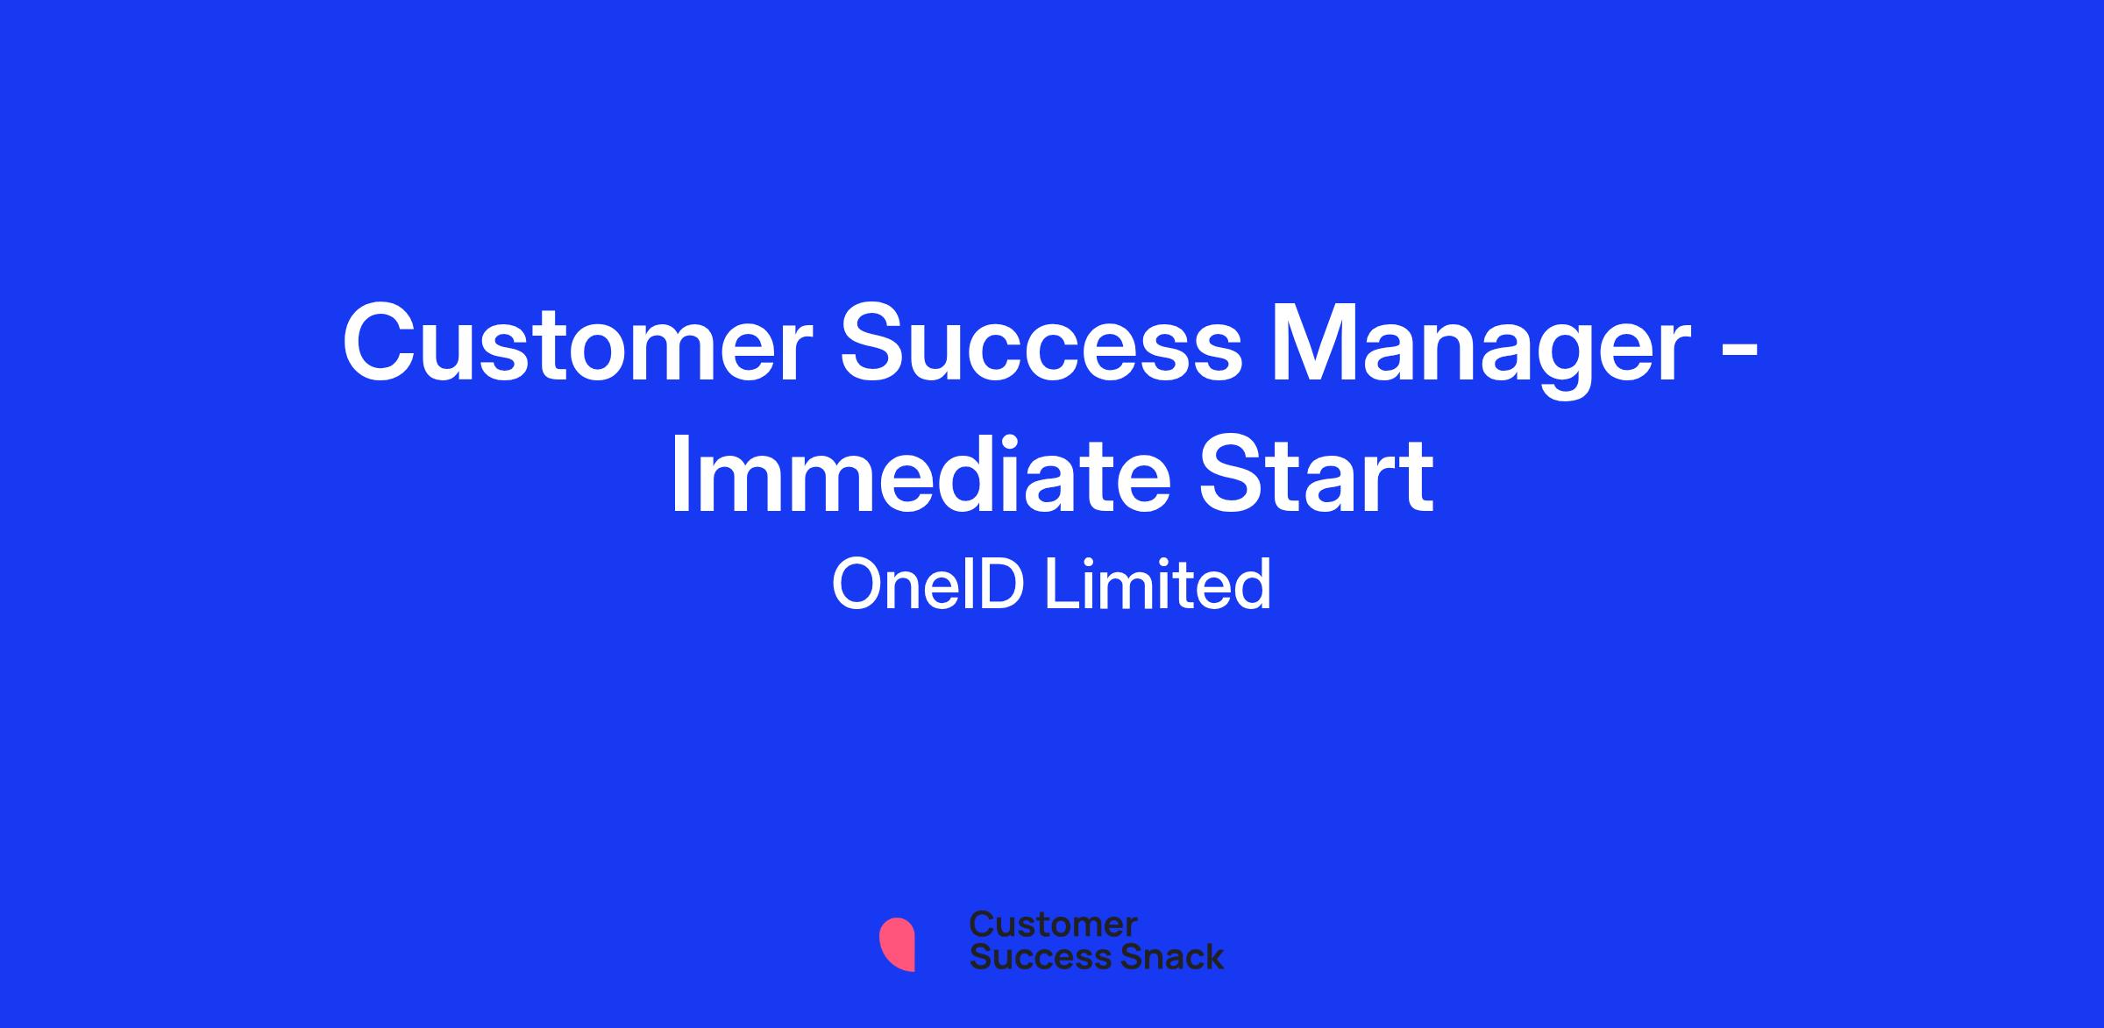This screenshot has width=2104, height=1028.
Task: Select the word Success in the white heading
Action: click(1041, 343)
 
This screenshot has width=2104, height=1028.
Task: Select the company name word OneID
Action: click(928, 585)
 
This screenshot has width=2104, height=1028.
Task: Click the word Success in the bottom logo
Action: click(1029, 956)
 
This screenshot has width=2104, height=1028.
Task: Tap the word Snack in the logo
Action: click(1160, 956)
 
